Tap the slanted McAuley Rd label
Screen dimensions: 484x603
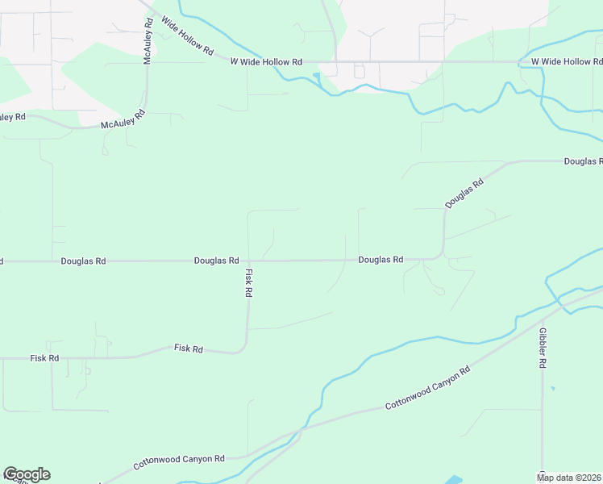[x=122, y=121]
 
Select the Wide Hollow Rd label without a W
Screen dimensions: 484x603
[x=186, y=37]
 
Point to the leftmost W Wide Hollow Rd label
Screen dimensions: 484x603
[x=266, y=61]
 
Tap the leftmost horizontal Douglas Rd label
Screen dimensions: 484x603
[x=83, y=261]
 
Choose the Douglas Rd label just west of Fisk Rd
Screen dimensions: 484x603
[x=216, y=261]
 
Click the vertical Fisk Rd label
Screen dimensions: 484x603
[x=249, y=283]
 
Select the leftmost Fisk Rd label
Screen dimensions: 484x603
[x=44, y=357]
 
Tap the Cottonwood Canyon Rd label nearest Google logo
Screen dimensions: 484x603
[x=179, y=462]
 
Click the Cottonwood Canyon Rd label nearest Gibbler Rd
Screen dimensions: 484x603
[x=427, y=388]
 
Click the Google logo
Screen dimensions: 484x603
[x=27, y=474]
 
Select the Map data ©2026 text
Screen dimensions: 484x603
[x=569, y=478]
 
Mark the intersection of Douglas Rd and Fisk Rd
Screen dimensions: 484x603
[x=247, y=261]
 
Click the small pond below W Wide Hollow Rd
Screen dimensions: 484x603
[x=317, y=78]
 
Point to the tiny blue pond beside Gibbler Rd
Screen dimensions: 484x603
[x=552, y=389]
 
